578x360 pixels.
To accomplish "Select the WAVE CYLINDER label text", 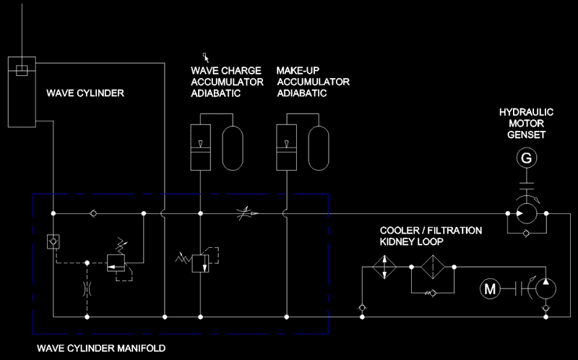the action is [85, 93].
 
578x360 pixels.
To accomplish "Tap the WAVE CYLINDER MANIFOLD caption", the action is [101, 348].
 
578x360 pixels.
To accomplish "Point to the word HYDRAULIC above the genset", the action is [527, 112].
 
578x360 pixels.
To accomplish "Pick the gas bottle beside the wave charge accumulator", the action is [233, 148].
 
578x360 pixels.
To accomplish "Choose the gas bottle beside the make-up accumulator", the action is [319, 148].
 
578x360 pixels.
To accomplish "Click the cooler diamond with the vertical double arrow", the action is [384, 267].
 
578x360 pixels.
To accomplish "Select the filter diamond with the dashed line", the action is [433, 267].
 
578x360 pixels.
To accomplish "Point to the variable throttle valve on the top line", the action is [247, 213].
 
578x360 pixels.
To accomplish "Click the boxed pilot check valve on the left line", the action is [53, 242].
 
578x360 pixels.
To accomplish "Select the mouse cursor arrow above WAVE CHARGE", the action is [206, 58].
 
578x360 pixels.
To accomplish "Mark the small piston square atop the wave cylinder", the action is [22, 70].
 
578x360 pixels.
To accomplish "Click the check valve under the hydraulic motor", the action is [527, 233].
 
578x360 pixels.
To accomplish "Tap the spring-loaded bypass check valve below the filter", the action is [431, 293].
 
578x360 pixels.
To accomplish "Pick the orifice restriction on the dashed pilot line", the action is [87, 289].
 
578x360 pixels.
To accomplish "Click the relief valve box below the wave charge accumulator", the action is [201, 263].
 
